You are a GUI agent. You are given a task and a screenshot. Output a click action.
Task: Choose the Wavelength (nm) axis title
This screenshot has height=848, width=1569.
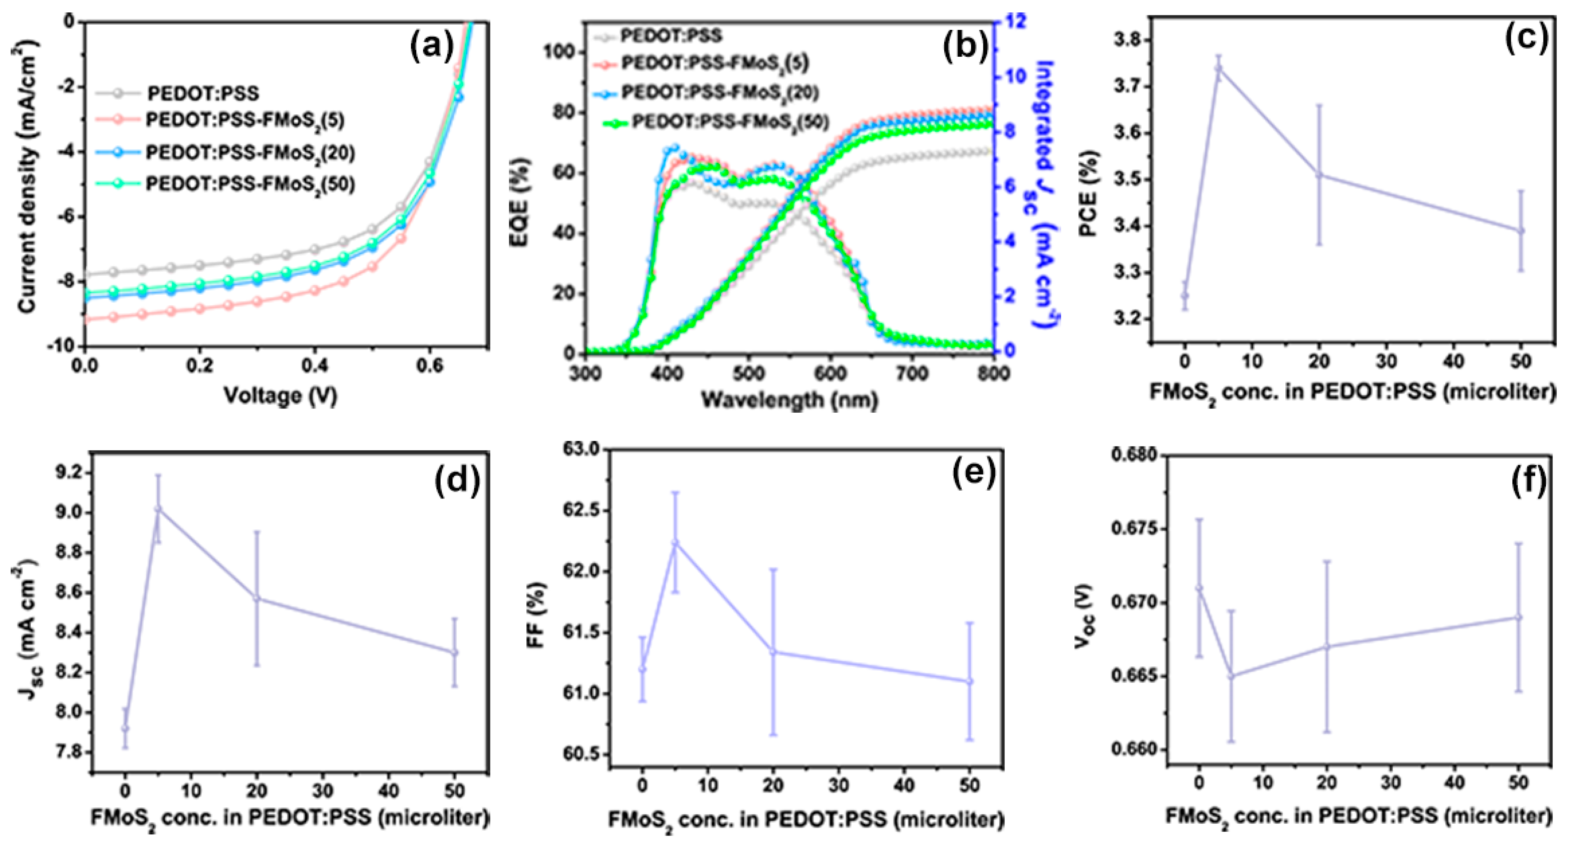[789, 400]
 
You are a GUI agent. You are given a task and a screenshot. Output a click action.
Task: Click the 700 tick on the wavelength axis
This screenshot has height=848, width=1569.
[912, 373]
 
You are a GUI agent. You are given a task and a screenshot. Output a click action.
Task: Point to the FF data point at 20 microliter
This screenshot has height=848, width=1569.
[774, 652]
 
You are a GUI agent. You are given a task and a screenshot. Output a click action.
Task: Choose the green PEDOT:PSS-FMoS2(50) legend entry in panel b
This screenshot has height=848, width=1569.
[730, 122]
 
